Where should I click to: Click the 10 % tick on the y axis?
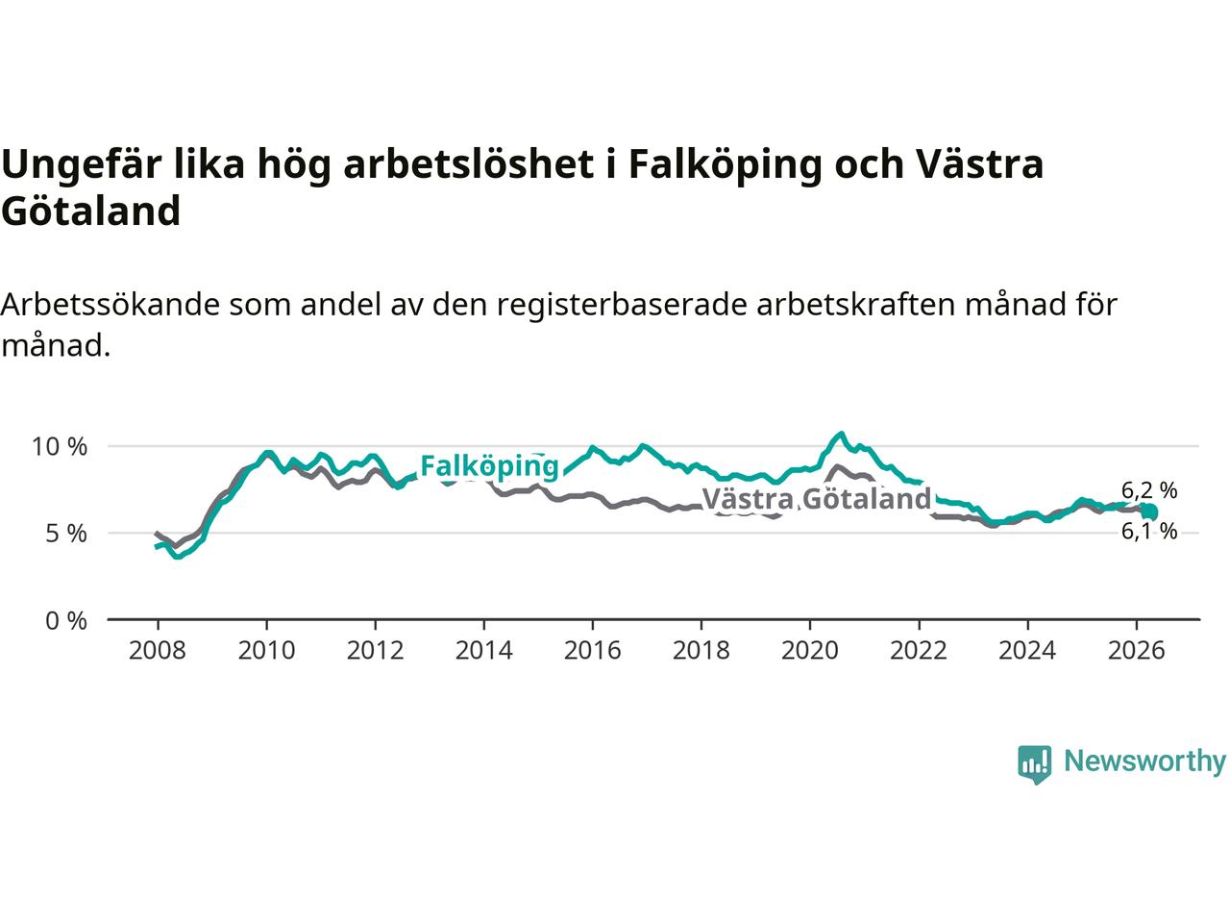60,447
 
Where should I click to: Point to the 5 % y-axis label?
66,534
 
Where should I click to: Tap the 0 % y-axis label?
66,621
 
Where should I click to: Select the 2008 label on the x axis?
157,650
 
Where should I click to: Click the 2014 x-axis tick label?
483,650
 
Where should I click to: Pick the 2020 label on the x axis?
810,650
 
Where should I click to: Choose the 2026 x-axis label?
1137,650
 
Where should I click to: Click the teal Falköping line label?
489,466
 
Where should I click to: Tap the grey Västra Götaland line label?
817,499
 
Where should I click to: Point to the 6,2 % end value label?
1149,490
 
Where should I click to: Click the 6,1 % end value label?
1149,531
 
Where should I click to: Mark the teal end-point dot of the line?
1150,511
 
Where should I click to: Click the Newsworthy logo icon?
1034,764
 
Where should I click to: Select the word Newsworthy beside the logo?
1144,761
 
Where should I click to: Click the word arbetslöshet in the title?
469,164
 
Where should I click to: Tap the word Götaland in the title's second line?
90,212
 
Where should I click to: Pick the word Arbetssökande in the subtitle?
110,305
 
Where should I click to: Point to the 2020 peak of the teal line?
841,434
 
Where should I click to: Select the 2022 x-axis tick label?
919,650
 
